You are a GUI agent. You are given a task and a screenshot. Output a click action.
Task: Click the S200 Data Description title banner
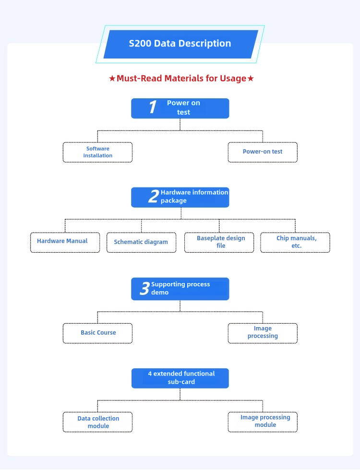pyautogui.click(x=180, y=44)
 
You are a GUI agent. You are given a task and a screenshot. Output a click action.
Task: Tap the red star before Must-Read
pyautogui.click(x=112, y=79)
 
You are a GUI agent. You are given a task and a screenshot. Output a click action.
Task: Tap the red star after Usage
pyautogui.click(x=251, y=79)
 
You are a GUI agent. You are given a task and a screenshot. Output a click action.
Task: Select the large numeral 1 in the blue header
pyautogui.click(x=153, y=107)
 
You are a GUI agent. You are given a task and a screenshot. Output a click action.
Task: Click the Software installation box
pyautogui.click(x=97, y=153)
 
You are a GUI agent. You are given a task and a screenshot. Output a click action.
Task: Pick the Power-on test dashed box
pyautogui.click(x=263, y=153)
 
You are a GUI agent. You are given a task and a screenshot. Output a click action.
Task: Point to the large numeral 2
pyautogui.click(x=154, y=196)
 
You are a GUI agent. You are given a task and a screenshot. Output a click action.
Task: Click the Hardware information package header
pyautogui.click(x=180, y=197)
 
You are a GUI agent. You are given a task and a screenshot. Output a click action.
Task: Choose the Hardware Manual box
pyautogui.click(x=65, y=243)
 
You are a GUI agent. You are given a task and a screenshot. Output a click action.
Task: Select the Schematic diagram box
pyautogui.click(x=141, y=243)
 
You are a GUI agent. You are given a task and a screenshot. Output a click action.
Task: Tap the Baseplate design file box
pyautogui.click(x=219, y=243)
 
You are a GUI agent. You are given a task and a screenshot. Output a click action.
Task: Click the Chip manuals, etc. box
pyautogui.click(x=295, y=243)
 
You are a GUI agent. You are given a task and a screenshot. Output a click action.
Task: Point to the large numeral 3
pyautogui.click(x=144, y=288)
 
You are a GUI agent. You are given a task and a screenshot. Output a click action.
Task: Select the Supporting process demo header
pyautogui.click(x=180, y=289)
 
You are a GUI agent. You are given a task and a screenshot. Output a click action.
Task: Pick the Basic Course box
pyautogui.click(x=97, y=333)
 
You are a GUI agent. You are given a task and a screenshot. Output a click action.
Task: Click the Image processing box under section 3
pyautogui.click(x=263, y=333)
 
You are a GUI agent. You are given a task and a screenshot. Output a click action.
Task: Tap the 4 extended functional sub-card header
pyautogui.click(x=180, y=378)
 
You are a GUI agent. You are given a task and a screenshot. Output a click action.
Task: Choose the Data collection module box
pyautogui.click(x=97, y=422)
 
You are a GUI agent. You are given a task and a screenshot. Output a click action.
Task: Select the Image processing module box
pyautogui.click(x=263, y=422)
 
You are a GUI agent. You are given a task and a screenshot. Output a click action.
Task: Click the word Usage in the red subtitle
pyautogui.click(x=233, y=79)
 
